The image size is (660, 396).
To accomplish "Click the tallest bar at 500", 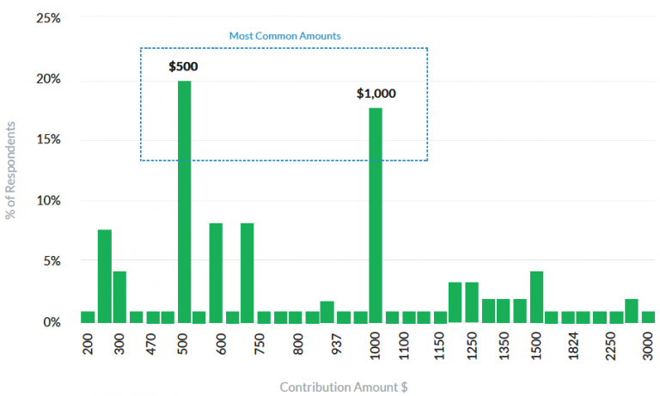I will click(184, 201).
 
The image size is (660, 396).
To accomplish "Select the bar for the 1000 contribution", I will click(376, 215).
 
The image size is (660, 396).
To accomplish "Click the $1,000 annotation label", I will click(376, 94).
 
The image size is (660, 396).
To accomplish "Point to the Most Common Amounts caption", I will click(284, 36).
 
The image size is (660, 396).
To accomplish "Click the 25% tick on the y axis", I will click(48, 18).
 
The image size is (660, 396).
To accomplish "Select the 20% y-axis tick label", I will click(48, 79).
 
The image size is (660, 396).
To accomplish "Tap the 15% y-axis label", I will click(48, 140).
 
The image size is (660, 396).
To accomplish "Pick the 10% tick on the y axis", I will click(48, 201).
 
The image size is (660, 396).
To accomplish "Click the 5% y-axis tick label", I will click(52, 261).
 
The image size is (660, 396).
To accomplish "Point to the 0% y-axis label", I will click(52, 322).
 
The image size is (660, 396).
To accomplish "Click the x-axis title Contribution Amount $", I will click(344, 387).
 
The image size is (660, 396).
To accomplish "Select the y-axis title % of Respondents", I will click(12, 169).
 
